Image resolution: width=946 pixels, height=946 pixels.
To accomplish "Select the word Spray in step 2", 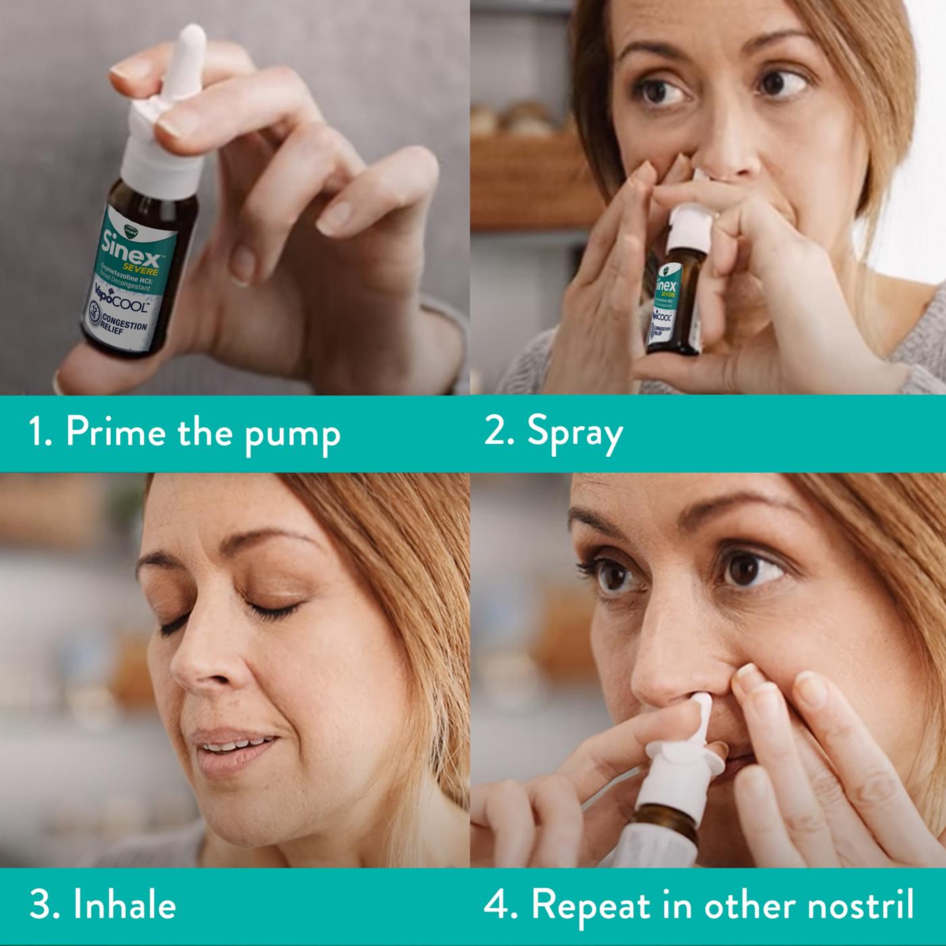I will (x=574, y=434).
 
